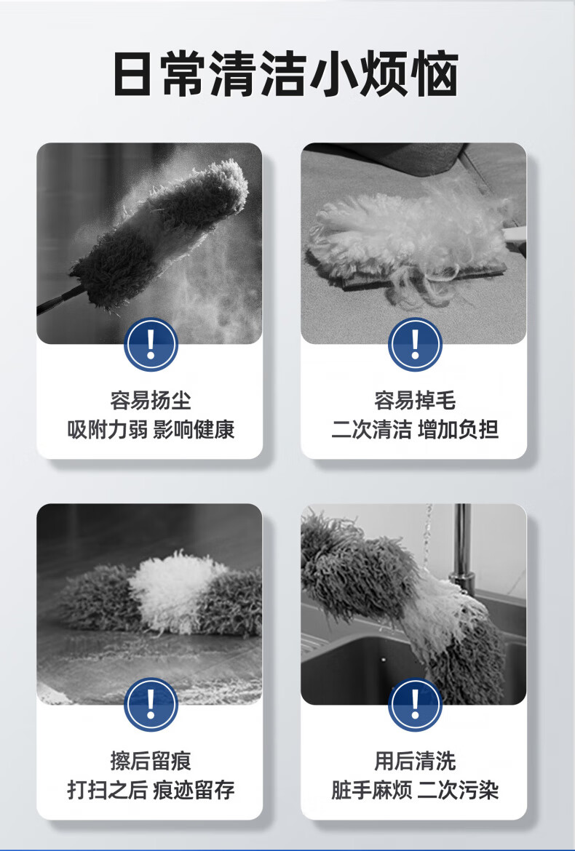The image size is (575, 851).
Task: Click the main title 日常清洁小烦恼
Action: (x=286, y=74)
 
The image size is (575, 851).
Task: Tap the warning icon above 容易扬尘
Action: (x=151, y=345)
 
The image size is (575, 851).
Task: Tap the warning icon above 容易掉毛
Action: (x=416, y=345)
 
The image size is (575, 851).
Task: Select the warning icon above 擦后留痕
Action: (x=151, y=705)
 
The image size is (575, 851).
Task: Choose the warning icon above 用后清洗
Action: (x=416, y=705)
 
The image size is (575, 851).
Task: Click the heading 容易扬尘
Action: (x=151, y=401)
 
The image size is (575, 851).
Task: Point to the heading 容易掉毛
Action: (x=415, y=401)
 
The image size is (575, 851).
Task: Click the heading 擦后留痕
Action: (x=151, y=761)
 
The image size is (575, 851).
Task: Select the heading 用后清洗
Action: (x=415, y=761)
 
